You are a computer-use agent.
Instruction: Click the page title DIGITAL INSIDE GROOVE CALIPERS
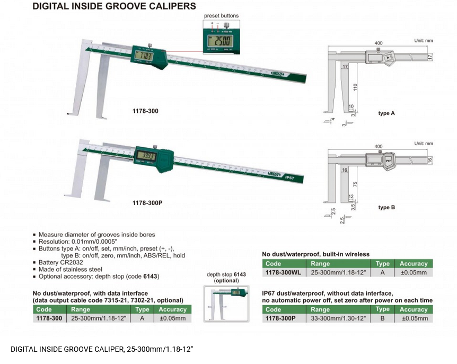[x=114, y=6]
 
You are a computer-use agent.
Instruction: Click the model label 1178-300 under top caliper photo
[x=145, y=111]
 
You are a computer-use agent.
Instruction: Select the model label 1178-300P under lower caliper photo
[x=147, y=202]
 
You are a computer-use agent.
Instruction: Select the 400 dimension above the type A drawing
[x=378, y=43]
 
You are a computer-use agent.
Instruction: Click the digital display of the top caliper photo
[x=145, y=55]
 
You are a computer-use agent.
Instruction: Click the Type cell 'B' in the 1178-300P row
[x=382, y=318]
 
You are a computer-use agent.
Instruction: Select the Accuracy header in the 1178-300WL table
[x=413, y=263]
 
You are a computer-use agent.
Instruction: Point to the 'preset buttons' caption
[x=221, y=16]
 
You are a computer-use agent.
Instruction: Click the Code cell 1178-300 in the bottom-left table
[x=49, y=318]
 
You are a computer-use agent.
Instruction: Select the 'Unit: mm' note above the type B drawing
[x=423, y=144]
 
